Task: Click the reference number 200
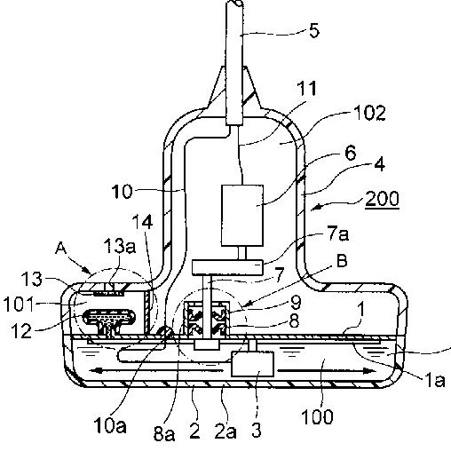(383, 199)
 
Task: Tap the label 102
(370, 113)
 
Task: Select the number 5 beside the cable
(314, 31)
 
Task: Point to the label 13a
(120, 246)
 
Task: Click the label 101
(19, 304)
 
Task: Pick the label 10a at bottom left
(110, 426)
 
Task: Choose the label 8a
(164, 433)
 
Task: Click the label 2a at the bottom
(225, 431)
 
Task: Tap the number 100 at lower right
(317, 416)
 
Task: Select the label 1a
(435, 380)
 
